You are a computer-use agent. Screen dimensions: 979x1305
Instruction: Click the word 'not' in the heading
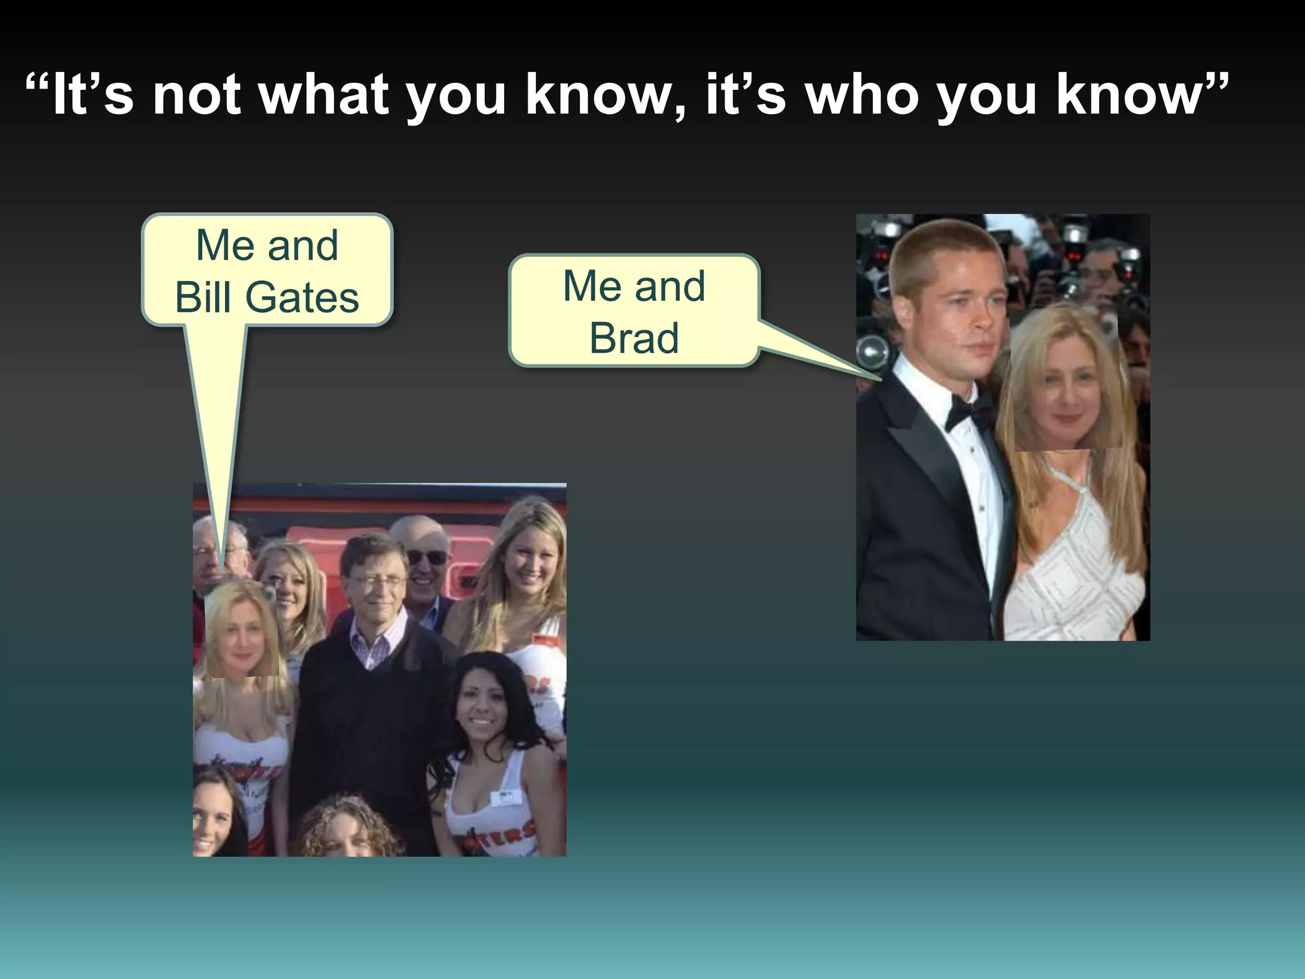(196, 96)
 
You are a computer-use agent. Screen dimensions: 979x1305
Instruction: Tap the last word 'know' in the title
(1128, 96)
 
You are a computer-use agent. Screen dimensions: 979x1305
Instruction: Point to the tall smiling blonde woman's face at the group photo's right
(530, 561)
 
